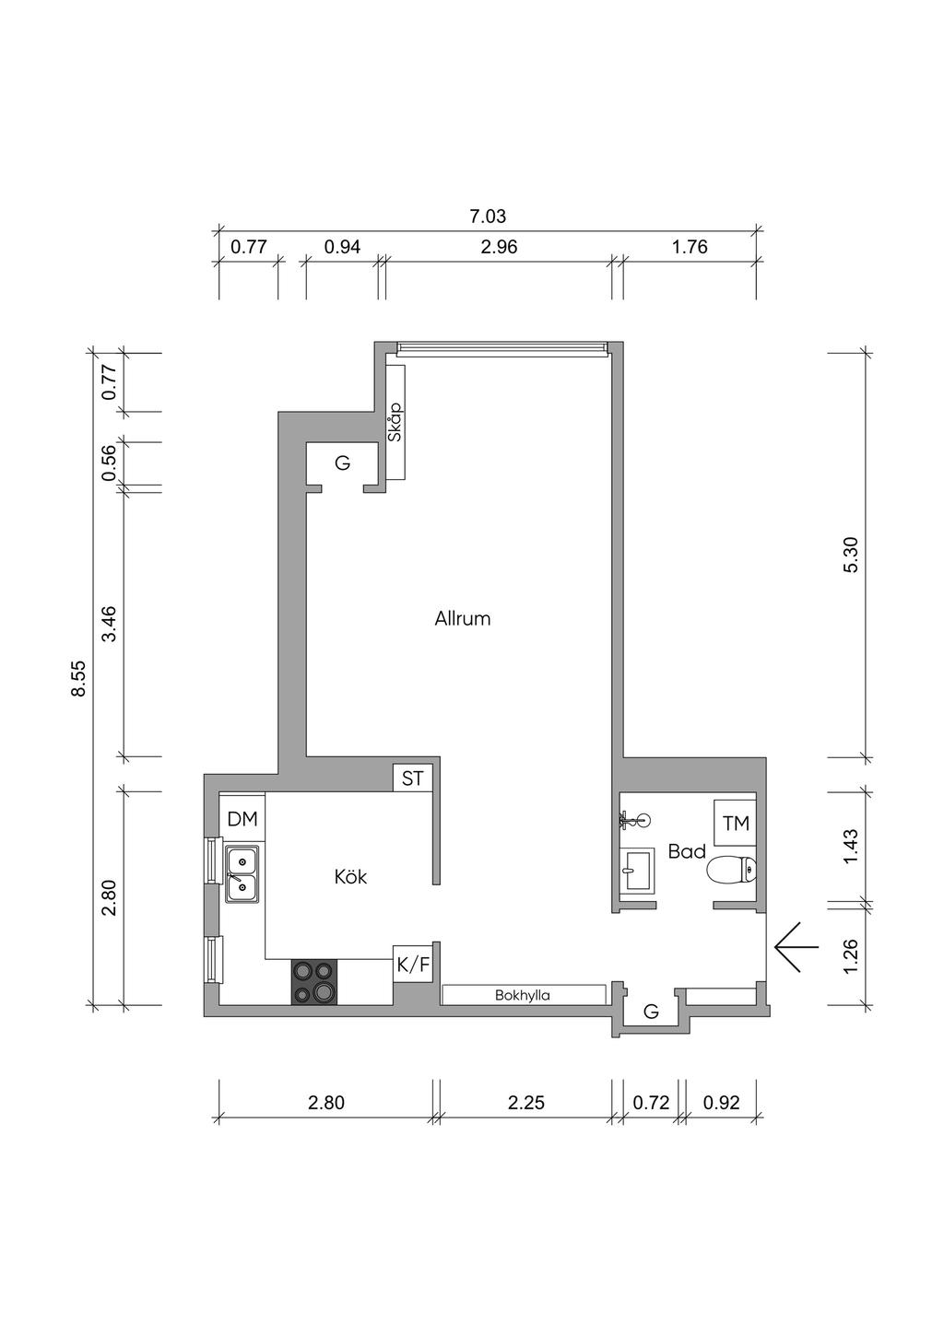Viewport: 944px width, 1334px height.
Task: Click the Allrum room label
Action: [x=463, y=619]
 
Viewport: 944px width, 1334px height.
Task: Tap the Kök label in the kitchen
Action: [x=350, y=877]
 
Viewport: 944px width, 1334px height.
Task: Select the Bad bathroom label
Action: [x=687, y=851]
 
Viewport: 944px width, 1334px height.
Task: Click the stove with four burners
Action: [x=313, y=982]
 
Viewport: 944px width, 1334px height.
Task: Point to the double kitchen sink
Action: [x=242, y=874]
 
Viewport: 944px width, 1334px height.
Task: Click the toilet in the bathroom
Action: [x=731, y=872]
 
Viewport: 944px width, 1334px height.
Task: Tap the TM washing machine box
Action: [x=736, y=823]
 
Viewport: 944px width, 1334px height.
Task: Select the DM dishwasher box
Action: [x=242, y=819]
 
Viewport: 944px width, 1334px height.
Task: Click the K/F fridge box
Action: [x=412, y=966]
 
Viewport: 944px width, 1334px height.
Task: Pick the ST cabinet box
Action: [x=412, y=778]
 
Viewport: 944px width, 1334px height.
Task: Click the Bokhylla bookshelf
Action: [x=524, y=995]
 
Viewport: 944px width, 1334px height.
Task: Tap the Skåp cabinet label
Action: [x=395, y=423]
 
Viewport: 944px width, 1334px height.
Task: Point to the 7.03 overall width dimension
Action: [x=488, y=216]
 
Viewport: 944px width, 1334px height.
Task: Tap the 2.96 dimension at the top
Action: [x=499, y=247]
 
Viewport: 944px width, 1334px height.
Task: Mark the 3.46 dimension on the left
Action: [x=110, y=624]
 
